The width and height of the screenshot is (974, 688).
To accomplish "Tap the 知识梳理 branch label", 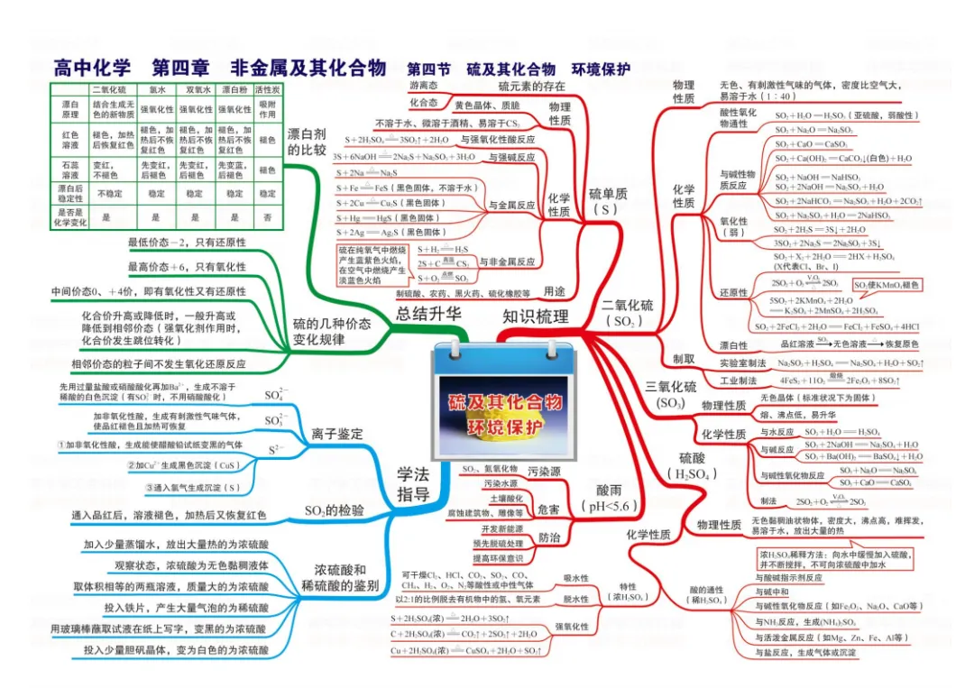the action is [x=536, y=316].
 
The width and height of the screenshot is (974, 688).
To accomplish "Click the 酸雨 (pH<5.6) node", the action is [x=609, y=496].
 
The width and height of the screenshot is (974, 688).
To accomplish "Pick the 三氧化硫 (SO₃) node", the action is [x=670, y=395].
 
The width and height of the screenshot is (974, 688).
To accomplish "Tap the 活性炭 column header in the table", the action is [x=267, y=90].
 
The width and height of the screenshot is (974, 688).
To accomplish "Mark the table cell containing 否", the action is [x=267, y=217].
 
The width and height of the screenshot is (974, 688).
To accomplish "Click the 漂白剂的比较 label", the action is [x=307, y=142].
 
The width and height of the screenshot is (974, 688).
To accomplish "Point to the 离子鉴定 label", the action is [x=336, y=434].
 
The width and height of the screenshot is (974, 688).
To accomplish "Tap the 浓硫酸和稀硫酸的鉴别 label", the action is [x=334, y=577].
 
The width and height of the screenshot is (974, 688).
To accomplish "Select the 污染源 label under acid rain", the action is [x=544, y=472].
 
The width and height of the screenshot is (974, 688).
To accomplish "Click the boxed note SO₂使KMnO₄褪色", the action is [x=887, y=285].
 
